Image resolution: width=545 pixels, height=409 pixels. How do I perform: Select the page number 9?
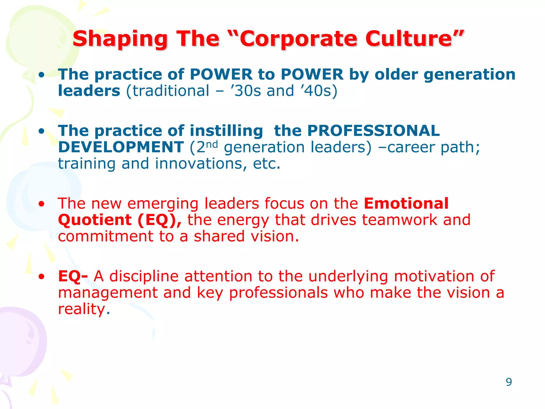click(509, 382)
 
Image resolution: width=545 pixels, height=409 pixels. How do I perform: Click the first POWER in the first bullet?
click(221, 74)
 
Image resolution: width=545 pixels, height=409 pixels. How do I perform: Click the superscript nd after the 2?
click(212, 145)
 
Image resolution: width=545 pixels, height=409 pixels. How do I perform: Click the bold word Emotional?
click(406, 203)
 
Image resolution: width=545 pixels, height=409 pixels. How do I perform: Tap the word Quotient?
click(95, 220)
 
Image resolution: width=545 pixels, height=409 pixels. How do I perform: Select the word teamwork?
click(399, 220)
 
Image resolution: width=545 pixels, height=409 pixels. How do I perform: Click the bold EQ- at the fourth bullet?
click(73, 276)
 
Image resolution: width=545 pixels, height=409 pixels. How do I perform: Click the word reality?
click(81, 309)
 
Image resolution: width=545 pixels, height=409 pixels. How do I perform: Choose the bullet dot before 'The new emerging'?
click(41, 204)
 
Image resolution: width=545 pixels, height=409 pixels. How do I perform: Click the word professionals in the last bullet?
click(278, 293)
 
